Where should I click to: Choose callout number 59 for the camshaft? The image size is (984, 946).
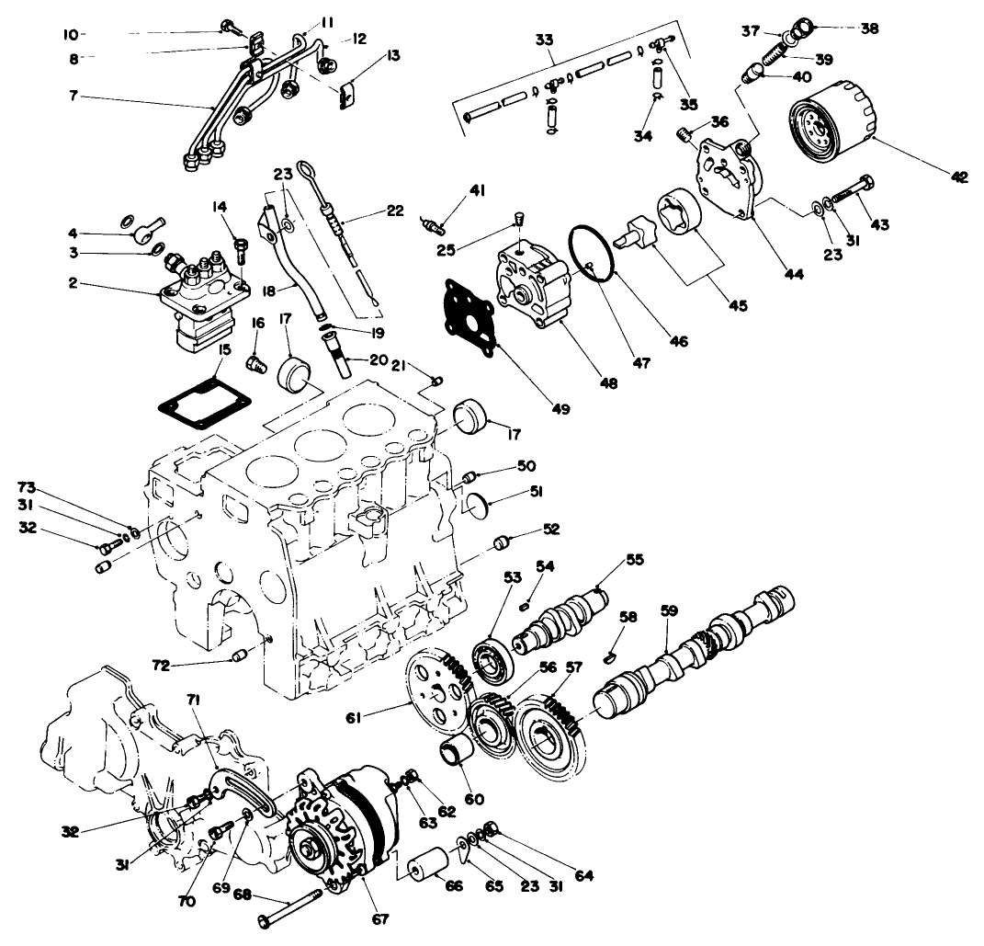670,609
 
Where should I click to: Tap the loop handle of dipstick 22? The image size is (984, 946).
306,169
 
